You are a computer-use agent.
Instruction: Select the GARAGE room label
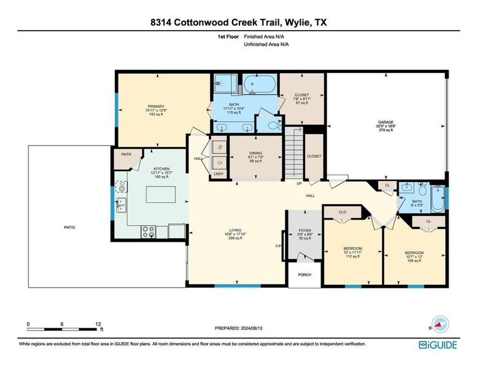[386, 122]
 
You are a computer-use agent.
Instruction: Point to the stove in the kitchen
[149, 231]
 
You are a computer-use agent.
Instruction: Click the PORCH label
[304, 275]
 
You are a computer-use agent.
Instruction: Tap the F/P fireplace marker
[278, 247]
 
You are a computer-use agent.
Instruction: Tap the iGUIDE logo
[438, 345]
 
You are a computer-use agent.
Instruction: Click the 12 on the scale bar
[98, 323]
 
